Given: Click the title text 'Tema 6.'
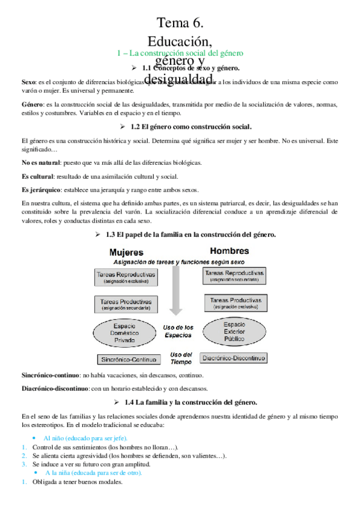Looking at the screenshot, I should tap(180, 23).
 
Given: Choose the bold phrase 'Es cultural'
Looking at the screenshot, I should tap(37, 176).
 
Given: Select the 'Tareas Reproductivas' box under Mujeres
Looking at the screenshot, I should tap(126, 277).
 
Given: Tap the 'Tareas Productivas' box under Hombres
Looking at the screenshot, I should tap(234, 303).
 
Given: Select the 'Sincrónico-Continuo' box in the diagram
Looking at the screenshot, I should tap(127, 359).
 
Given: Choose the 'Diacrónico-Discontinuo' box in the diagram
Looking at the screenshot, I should tap(233, 358).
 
